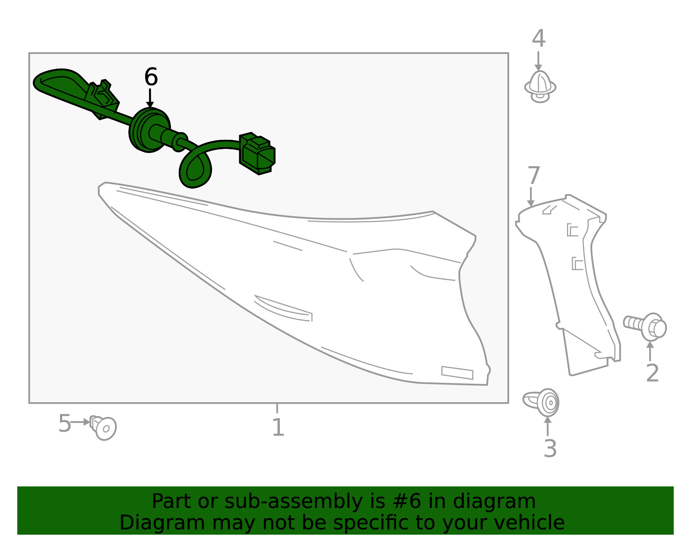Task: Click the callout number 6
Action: (151, 77)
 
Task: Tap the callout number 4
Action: (539, 39)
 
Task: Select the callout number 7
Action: (534, 175)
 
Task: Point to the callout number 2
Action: (652, 373)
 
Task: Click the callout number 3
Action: (550, 448)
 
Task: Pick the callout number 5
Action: (64, 423)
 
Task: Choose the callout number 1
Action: (278, 428)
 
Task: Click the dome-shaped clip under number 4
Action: (540, 87)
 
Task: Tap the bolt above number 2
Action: (645, 327)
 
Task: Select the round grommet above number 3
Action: (541, 403)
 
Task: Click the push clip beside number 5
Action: (103, 428)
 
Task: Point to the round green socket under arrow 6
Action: (149, 130)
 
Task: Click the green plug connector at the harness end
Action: (257, 153)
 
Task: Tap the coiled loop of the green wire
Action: (195, 168)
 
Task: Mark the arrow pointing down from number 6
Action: (150, 98)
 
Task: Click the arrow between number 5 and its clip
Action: (80, 422)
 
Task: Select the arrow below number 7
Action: (530, 197)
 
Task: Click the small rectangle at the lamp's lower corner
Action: (457, 373)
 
